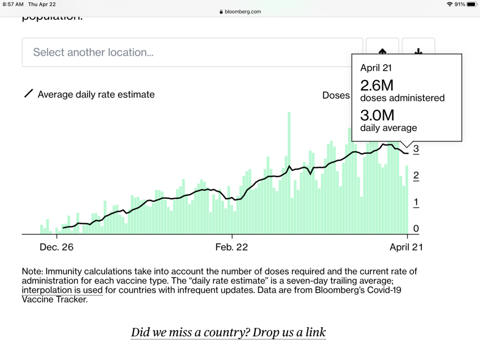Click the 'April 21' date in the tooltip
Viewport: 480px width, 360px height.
point(376,68)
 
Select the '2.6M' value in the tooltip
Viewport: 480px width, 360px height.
point(377,86)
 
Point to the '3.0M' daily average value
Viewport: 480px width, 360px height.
point(377,115)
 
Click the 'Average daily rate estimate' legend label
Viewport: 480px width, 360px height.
point(96,94)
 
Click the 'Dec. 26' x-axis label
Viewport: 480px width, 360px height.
point(56,247)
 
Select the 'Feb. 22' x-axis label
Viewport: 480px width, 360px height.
point(232,247)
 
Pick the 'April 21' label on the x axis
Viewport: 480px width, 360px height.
point(406,247)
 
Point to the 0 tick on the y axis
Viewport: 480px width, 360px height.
point(416,229)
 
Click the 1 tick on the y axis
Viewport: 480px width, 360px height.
point(416,202)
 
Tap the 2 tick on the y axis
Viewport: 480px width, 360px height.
point(416,176)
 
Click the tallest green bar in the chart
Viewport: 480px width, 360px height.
point(289,173)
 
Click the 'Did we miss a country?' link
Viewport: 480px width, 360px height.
point(228,333)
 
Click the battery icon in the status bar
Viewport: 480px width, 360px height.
point(471,4)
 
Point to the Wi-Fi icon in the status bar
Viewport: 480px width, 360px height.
point(450,4)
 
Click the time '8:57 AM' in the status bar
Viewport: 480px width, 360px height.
point(13,4)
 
